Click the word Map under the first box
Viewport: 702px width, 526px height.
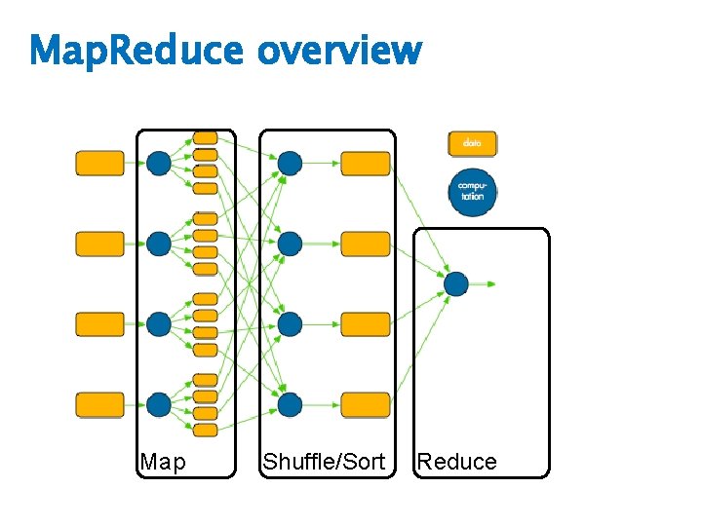click(x=162, y=462)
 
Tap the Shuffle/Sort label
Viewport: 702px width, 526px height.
click(x=324, y=462)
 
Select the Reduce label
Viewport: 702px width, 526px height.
click(x=456, y=462)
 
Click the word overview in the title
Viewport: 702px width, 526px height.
click(x=339, y=50)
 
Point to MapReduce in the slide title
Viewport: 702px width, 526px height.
click(x=138, y=50)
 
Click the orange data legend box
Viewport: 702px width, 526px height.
click(x=472, y=143)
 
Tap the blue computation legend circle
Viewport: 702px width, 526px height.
click(x=472, y=192)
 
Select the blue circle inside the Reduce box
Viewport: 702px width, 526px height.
click(x=456, y=283)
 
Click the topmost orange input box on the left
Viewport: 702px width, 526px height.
click(x=100, y=163)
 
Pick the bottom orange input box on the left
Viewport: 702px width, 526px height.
click(x=100, y=404)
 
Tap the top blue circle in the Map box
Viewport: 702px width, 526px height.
click(x=159, y=163)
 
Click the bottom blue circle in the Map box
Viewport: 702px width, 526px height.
click(x=159, y=404)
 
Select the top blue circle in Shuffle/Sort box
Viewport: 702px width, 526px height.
click(x=290, y=163)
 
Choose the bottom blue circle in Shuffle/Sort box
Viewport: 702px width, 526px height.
click(x=290, y=404)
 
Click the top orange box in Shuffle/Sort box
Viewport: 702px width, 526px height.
click(x=366, y=163)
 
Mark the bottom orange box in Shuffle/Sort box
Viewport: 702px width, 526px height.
click(x=366, y=404)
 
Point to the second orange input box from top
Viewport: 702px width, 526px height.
click(x=100, y=244)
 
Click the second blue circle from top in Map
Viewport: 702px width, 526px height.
click(x=159, y=244)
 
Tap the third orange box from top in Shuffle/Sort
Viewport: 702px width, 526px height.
click(x=366, y=324)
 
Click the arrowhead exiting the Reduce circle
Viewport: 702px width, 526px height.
click(x=492, y=283)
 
